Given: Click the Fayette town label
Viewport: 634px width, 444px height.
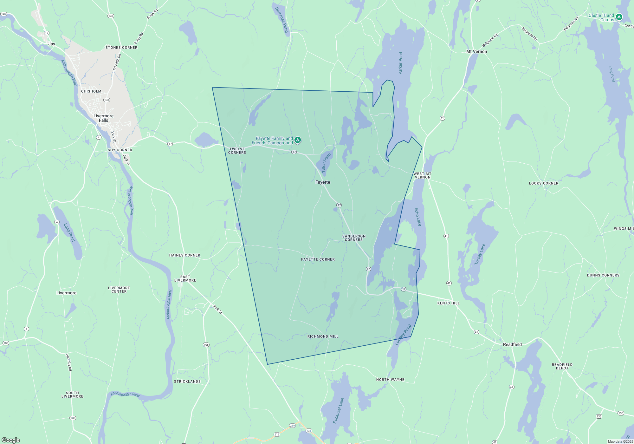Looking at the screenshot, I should pyautogui.click(x=323, y=182).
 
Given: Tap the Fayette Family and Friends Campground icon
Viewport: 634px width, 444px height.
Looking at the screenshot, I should pyautogui.click(x=298, y=140).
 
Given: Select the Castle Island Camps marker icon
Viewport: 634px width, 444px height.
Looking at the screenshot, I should pyautogui.click(x=619, y=17).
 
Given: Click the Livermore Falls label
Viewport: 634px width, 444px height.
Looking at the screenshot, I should pyautogui.click(x=103, y=118).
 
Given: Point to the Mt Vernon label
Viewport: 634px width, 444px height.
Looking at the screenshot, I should pyautogui.click(x=476, y=51).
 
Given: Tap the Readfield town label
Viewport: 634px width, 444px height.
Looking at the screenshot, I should pyautogui.click(x=512, y=344).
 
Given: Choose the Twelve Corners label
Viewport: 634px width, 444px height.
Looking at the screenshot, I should pyautogui.click(x=237, y=151).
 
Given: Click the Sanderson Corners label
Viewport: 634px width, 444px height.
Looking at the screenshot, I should pyautogui.click(x=354, y=238).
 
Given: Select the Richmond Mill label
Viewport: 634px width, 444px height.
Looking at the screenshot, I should pyautogui.click(x=323, y=336).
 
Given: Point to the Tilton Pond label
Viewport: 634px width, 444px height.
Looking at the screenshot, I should pyautogui.click(x=326, y=163).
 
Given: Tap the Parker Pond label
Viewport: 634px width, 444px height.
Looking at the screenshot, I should pyautogui.click(x=400, y=63).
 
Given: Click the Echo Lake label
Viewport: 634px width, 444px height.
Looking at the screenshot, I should pyautogui.click(x=418, y=217).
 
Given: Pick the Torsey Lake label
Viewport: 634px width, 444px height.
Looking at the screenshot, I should pyautogui.click(x=480, y=254).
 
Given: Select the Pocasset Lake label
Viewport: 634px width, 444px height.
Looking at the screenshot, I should pyautogui.click(x=338, y=410).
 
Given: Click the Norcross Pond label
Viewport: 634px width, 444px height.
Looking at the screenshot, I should pyautogui.click(x=281, y=20).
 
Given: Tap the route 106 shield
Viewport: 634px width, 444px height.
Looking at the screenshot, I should pyautogui.click(x=206, y=345).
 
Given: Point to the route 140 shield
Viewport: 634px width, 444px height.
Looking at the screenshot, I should pyautogui.click(x=4, y=14).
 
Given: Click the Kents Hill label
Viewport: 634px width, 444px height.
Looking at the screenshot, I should pyautogui.click(x=448, y=303).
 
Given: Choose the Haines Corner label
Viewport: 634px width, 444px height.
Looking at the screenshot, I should pyautogui.click(x=184, y=255).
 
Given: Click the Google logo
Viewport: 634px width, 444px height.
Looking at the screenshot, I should pyautogui.click(x=11, y=440).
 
